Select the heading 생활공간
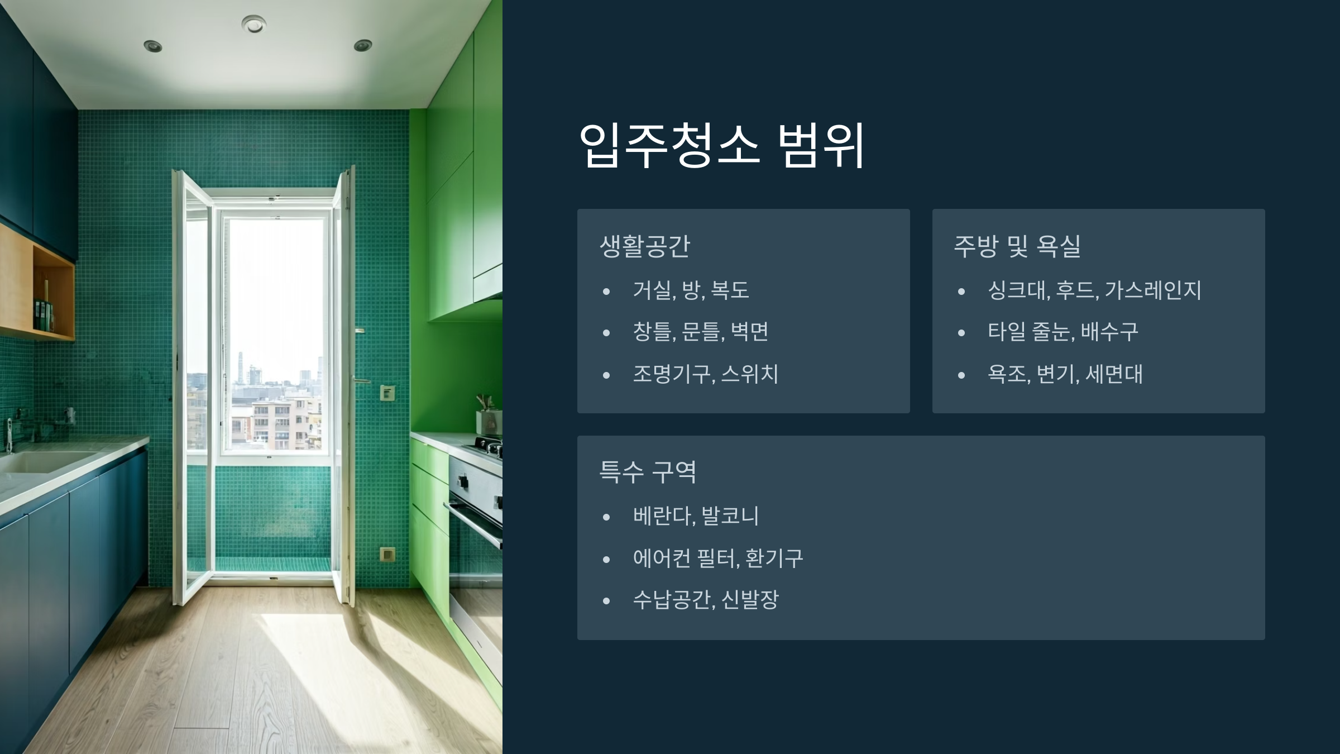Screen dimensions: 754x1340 (x=645, y=246)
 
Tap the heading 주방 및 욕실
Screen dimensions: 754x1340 (x=1017, y=246)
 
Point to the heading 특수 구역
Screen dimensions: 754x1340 (x=648, y=472)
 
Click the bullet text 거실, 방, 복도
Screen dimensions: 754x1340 (x=691, y=290)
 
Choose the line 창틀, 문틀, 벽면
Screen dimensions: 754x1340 (x=701, y=332)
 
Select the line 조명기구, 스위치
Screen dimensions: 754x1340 (x=706, y=374)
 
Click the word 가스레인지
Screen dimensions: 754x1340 (x=1153, y=290)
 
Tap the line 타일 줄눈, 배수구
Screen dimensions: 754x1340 (x=1063, y=332)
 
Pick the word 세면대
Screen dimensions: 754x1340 (x=1114, y=374)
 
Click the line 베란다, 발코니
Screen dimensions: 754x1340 (x=696, y=516)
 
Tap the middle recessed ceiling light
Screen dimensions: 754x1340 (x=253, y=24)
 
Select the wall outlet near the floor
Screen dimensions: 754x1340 (x=387, y=555)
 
